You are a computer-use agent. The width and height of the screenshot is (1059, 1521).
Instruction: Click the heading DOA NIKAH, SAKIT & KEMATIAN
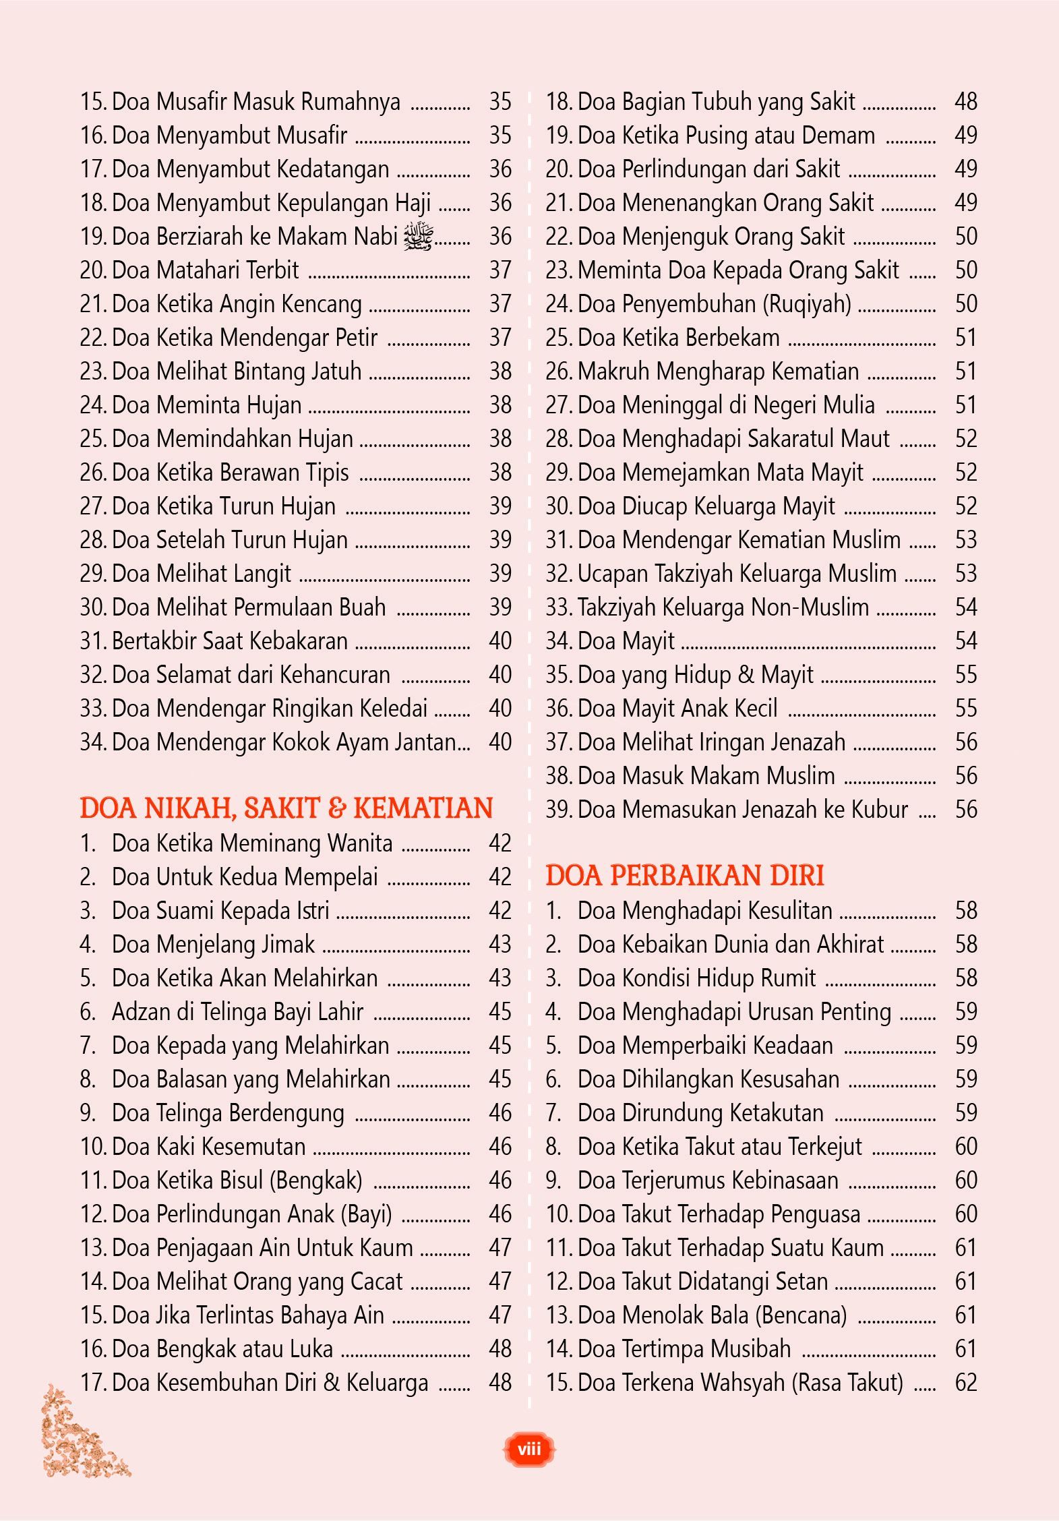click(x=286, y=808)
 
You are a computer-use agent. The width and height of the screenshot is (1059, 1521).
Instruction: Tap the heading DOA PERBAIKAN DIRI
click(x=684, y=876)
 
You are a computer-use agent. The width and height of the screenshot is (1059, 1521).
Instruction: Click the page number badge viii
click(x=529, y=1449)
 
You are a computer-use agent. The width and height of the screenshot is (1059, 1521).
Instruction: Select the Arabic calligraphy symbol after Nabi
click(x=418, y=237)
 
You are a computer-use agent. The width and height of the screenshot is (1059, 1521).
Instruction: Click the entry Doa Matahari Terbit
click(x=205, y=270)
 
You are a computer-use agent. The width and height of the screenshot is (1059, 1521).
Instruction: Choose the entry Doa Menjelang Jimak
click(x=213, y=945)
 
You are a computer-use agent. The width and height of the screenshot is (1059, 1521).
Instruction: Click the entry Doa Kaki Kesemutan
click(x=208, y=1147)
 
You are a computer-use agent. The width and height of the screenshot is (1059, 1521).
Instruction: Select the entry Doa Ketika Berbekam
click(x=678, y=338)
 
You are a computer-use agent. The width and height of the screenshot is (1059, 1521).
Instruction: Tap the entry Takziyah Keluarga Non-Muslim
click(x=723, y=607)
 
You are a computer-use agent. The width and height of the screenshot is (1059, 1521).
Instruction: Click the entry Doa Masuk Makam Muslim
click(x=706, y=776)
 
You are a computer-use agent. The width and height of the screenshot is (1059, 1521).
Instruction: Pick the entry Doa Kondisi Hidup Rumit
click(x=696, y=978)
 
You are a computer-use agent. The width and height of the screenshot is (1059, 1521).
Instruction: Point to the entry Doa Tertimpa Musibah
click(x=684, y=1349)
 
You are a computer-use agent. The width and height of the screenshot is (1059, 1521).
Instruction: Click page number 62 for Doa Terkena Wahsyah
click(x=966, y=1383)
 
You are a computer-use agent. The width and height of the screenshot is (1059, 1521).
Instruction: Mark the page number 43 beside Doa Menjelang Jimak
click(x=500, y=945)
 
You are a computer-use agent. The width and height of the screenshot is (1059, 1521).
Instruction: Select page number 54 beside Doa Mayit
click(x=966, y=641)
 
